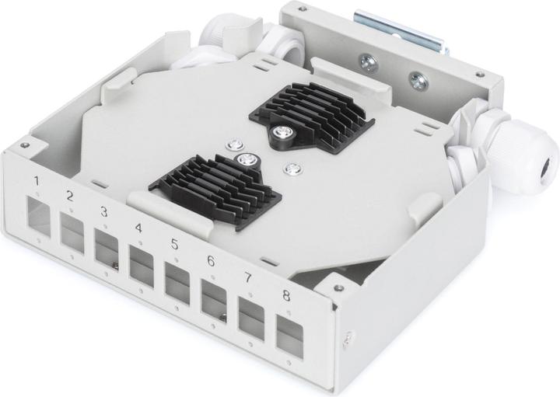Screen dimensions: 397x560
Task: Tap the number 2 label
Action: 69,197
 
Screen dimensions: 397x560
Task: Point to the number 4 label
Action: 138,228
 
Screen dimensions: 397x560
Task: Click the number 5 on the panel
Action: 174,244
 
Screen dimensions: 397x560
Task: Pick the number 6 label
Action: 211,261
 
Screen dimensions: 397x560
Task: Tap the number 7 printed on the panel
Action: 247,278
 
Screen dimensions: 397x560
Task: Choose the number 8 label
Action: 285,295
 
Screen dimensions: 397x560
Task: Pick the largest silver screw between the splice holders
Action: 247,161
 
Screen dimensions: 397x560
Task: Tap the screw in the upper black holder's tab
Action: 280,134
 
